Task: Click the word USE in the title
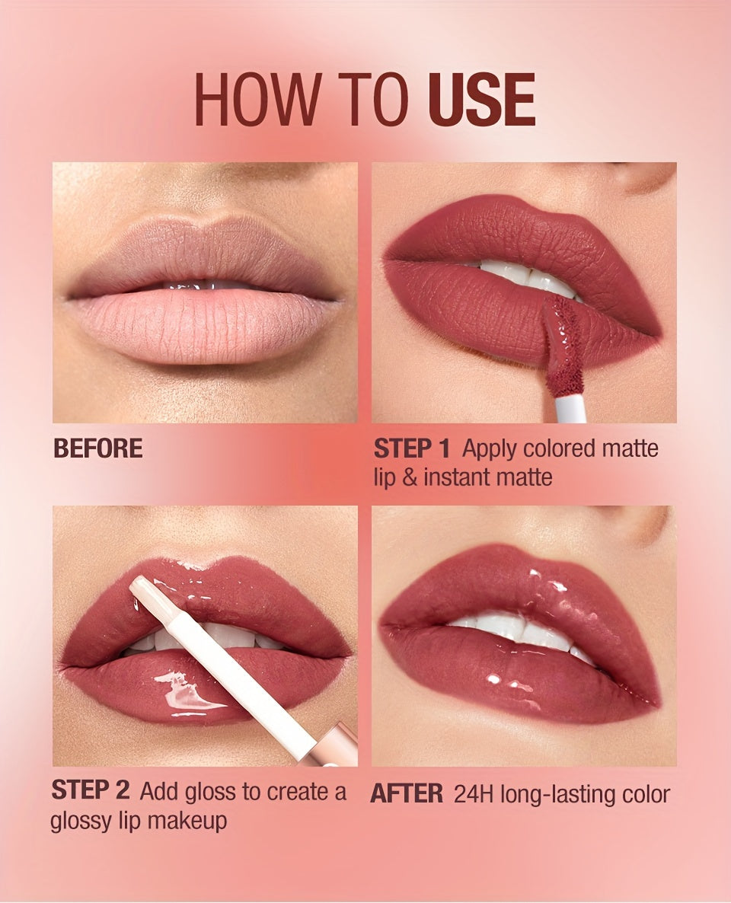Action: coord(481,99)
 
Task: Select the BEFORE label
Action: coord(98,448)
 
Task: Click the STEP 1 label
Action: coord(411,448)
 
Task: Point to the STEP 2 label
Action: coord(90,790)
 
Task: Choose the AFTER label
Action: coord(406,794)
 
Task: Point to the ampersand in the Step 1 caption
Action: coord(410,477)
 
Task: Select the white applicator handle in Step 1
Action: coord(570,406)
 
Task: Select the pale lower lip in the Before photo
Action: coord(205,325)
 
